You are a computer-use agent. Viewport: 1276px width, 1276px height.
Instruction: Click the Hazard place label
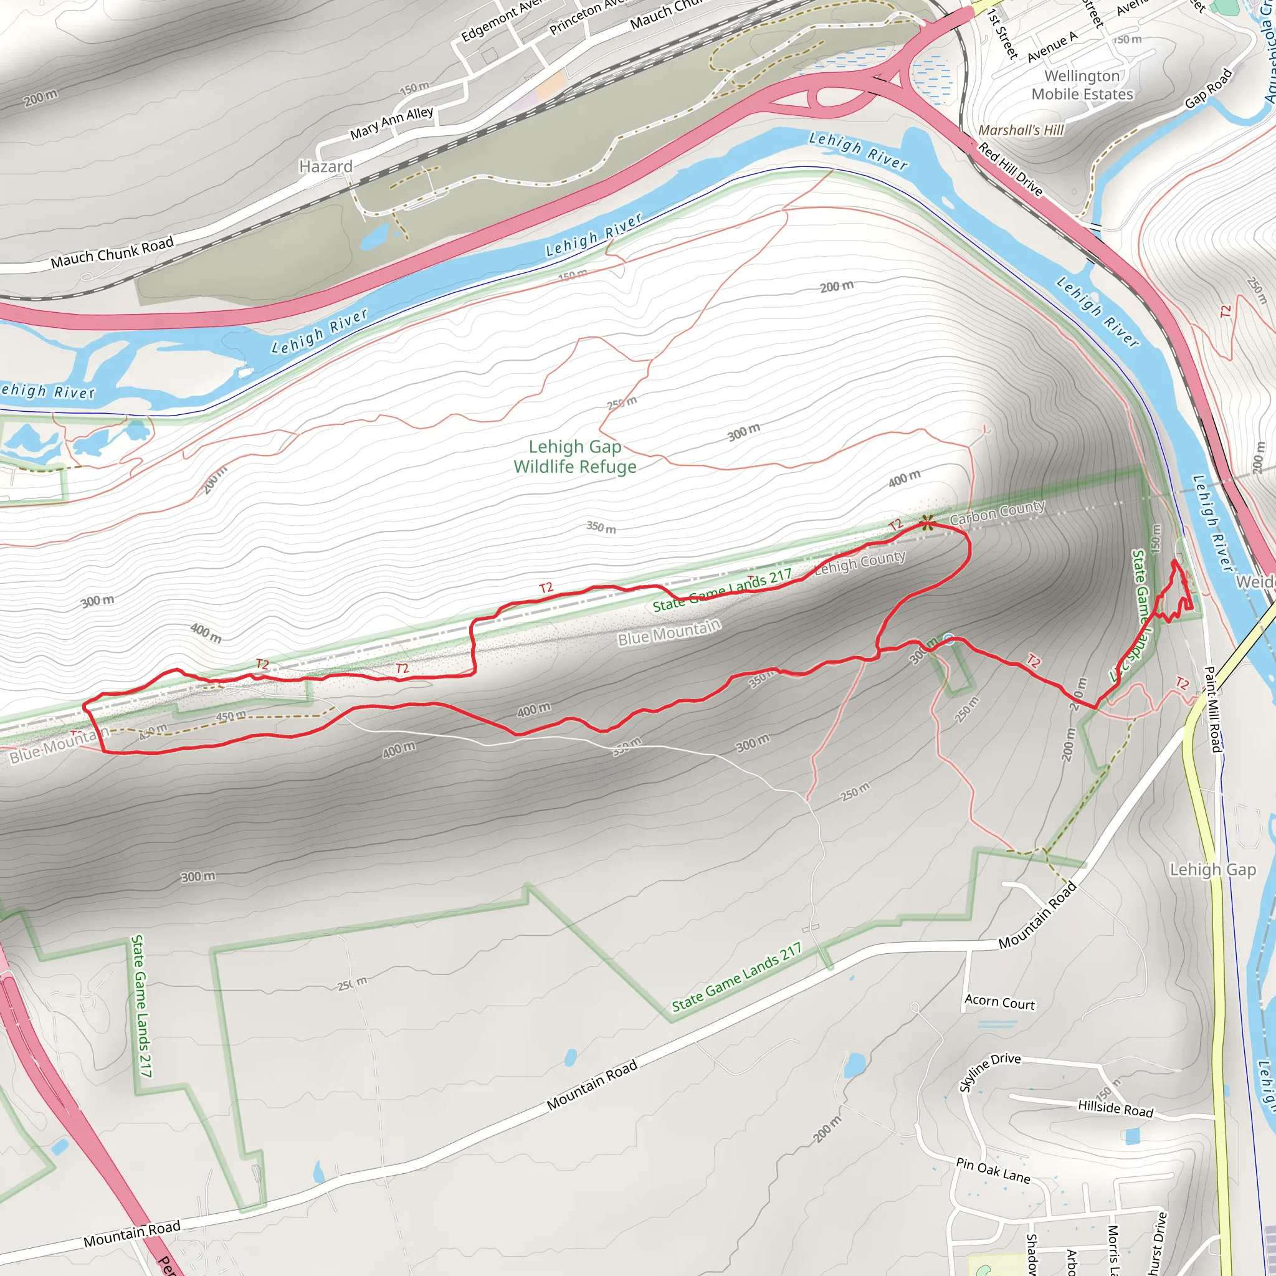(326, 166)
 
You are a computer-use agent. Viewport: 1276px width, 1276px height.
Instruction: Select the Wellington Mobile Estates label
(1082, 85)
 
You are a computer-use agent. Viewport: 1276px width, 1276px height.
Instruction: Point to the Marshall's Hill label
(1021, 130)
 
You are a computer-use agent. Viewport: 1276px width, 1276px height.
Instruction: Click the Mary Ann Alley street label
(391, 123)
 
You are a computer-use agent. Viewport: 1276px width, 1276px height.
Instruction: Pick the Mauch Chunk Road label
(112, 252)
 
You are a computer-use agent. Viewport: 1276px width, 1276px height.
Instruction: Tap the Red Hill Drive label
(1010, 169)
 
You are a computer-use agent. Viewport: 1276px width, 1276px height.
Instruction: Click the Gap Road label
(1208, 88)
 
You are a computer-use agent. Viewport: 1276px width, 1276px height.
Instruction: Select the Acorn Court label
(999, 1002)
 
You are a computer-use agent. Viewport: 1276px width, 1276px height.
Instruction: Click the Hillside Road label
(1115, 1108)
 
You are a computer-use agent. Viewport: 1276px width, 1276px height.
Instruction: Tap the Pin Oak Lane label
(993, 1170)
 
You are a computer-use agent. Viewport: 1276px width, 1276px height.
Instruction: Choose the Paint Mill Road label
(1212, 709)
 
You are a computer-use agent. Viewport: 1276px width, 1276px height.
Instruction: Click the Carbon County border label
(997, 512)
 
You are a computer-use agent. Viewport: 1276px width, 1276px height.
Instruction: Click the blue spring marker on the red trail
(948, 637)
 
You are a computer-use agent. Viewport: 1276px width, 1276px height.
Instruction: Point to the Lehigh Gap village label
(1212, 870)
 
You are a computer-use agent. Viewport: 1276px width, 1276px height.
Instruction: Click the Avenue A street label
(1052, 46)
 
